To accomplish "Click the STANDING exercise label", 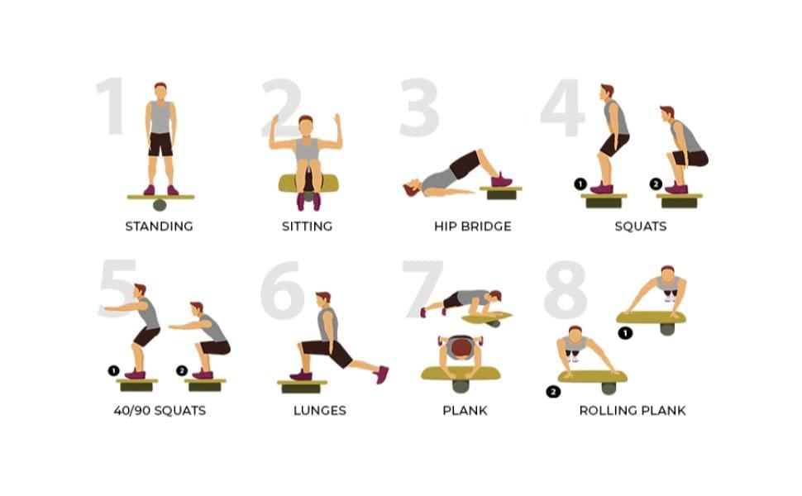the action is pyautogui.click(x=159, y=226).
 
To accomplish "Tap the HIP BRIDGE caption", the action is pyautogui.click(x=473, y=226).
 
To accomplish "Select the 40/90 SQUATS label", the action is pyautogui.click(x=160, y=410).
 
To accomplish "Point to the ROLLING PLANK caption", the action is pyautogui.click(x=633, y=410).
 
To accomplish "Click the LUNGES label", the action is pyautogui.click(x=320, y=410).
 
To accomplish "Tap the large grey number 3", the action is pyautogui.click(x=419, y=107).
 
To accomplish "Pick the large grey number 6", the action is pyautogui.click(x=282, y=289).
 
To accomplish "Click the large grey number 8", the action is pyautogui.click(x=566, y=289).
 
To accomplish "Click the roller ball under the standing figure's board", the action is pyautogui.click(x=160, y=205).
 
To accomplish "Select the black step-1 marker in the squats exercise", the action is pyautogui.click(x=580, y=184).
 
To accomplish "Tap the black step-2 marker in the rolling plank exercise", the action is pyautogui.click(x=553, y=392).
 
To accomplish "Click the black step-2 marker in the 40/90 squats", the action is pyautogui.click(x=182, y=370).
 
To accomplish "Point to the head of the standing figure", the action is pyautogui.click(x=160, y=92).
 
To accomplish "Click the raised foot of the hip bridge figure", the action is pyautogui.click(x=501, y=180).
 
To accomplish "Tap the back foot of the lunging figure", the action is pyautogui.click(x=381, y=374).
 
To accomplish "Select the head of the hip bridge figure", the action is pyautogui.click(x=412, y=189).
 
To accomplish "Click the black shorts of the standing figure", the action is pyautogui.click(x=160, y=144).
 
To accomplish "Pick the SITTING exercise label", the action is pyautogui.click(x=307, y=226).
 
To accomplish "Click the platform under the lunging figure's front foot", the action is pyautogui.click(x=302, y=387).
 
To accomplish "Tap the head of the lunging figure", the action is pyautogui.click(x=323, y=299).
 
